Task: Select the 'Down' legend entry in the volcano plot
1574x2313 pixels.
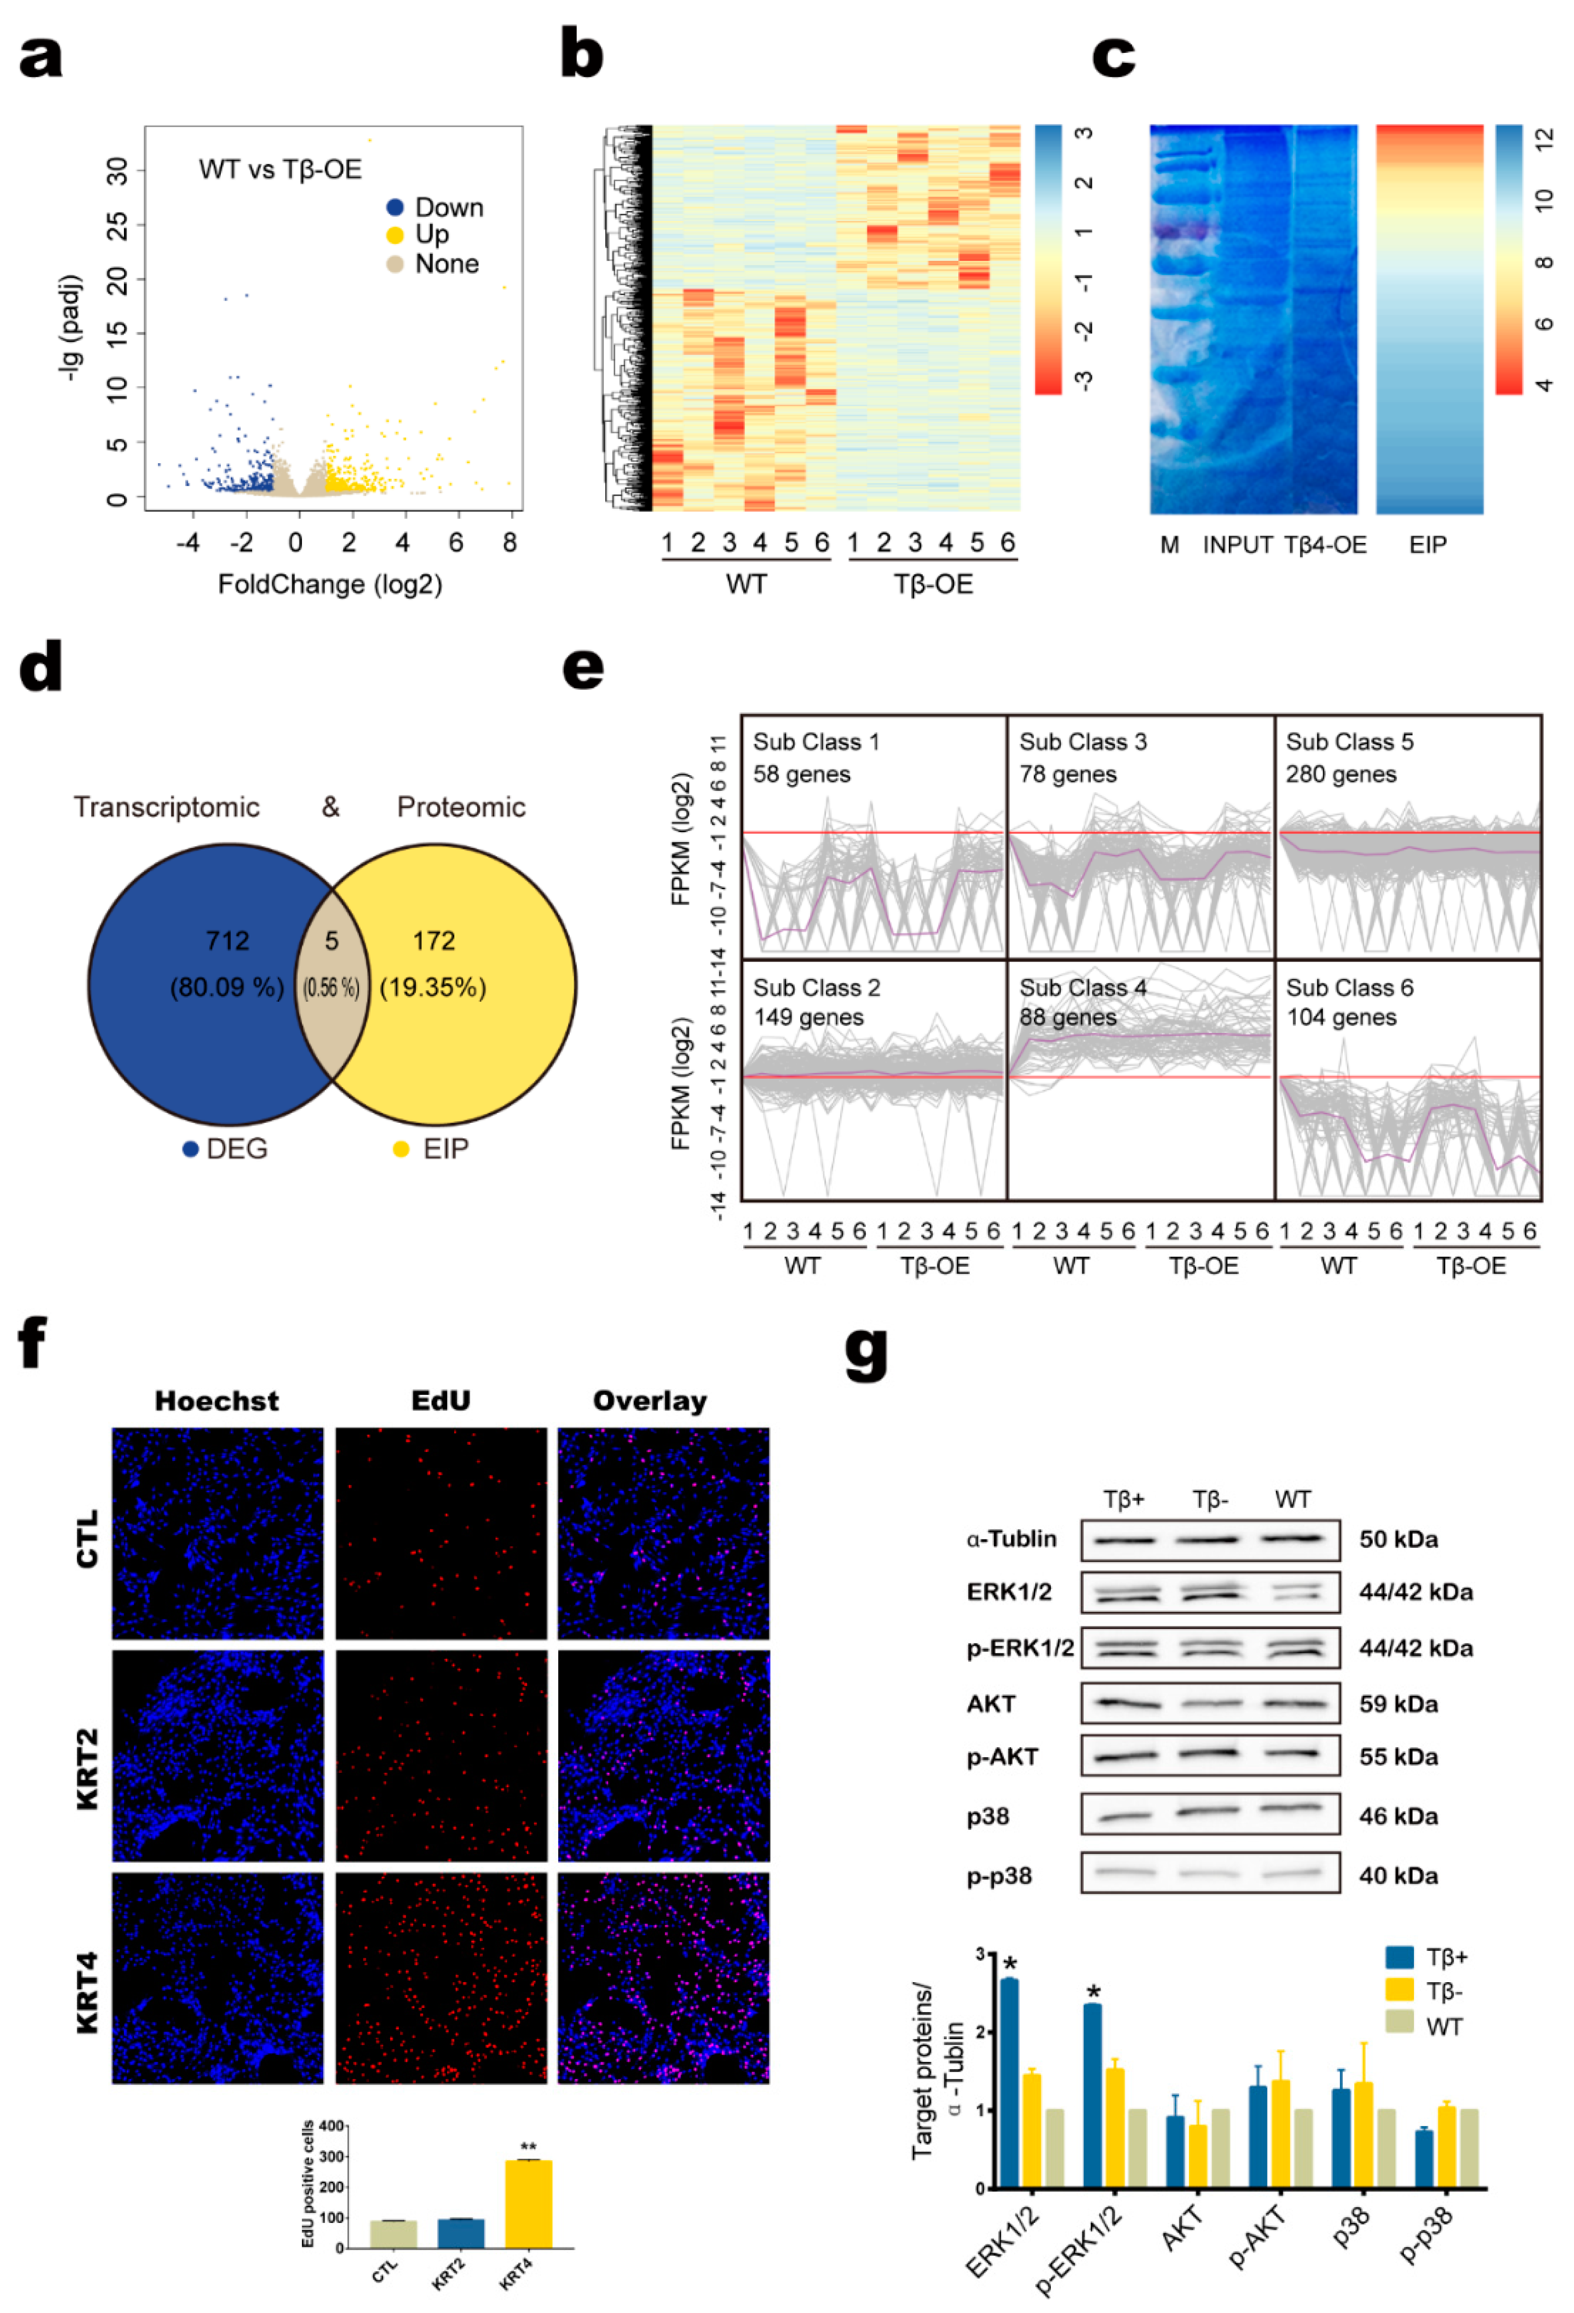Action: click(448, 208)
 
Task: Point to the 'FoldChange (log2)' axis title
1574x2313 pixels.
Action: click(330, 584)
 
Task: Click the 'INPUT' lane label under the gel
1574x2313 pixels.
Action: click(1237, 545)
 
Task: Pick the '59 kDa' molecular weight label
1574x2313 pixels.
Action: click(1398, 1704)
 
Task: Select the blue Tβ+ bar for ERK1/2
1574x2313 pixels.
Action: click(1008, 2083)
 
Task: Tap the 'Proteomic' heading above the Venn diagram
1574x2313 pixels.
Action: click(461, 807)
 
